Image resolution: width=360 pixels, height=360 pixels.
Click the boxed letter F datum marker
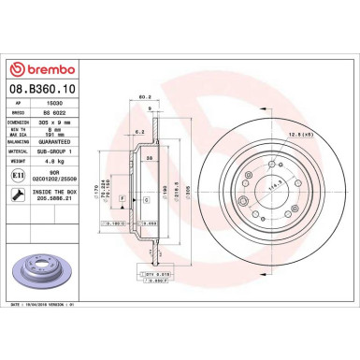click(x=122, y=198)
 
